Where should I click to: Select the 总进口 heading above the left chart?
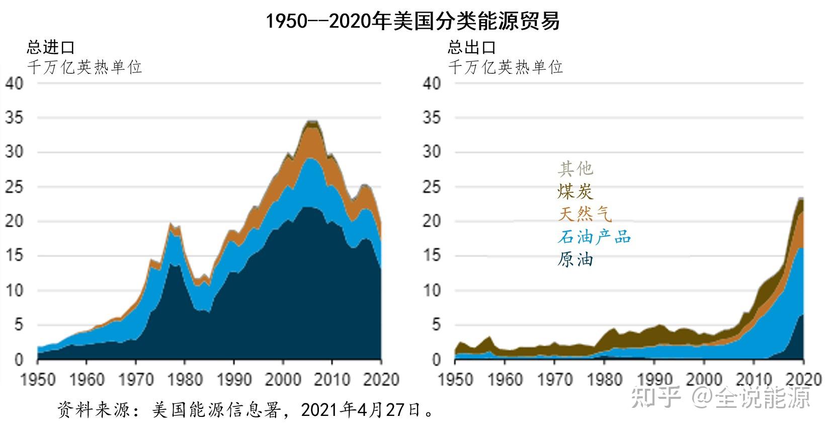pyautogui.click(x=50, y=48)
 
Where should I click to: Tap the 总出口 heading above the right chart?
pyautogui.click(x=471, y=48)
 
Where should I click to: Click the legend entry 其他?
pyautogui.click(x=575, y=169)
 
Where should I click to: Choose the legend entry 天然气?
pyautogui.click(x=585, y=215)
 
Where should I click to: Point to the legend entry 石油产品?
pyautogui.click(x=594, y=237)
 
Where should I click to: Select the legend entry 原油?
pyautogui.click(x=575, y=260)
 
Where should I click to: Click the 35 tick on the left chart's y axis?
pyautogui.click(x=14, y=118)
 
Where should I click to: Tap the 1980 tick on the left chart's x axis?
pyautogui.click(x=185, y=379)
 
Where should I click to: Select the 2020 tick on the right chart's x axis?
pyautogui.click(x=803, y=379)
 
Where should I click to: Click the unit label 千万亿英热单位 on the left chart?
pyautogui.click(x=84, y=67)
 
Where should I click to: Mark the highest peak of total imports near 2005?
pyautogui.click(x=312, y=121)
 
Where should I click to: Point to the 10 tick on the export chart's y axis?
pyautogui.click(x=432, y=291)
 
